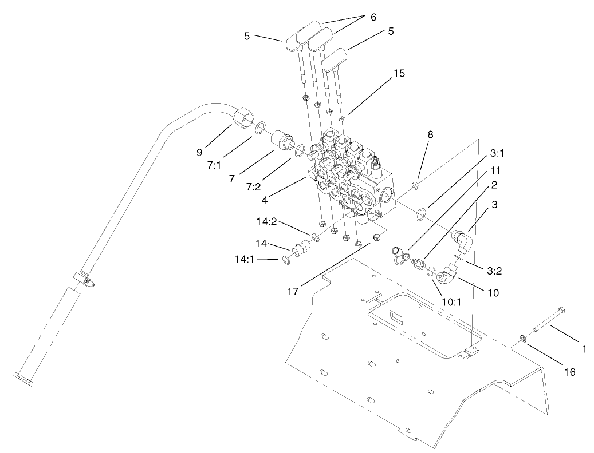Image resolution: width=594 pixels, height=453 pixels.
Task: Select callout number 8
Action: point(431,135)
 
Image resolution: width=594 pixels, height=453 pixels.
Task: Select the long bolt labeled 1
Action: point(550,320)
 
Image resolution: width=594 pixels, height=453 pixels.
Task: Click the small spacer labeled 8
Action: point(416,186)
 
